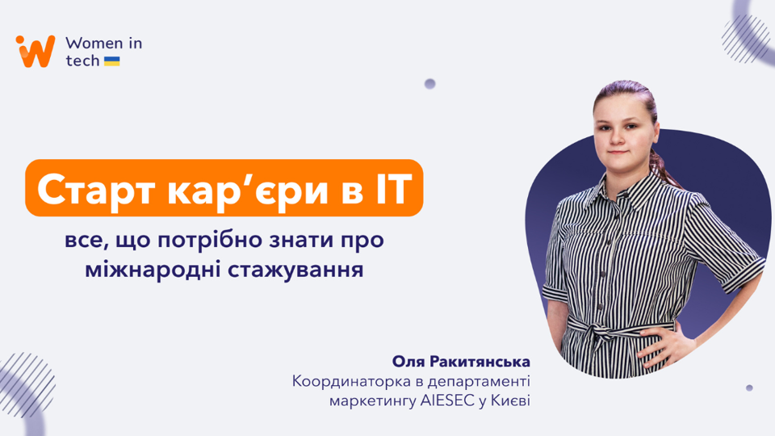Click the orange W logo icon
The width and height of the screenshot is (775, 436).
pyautogui.click(x=35, y=51)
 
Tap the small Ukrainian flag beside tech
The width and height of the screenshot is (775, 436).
pyautogui.click(x=111, y=61)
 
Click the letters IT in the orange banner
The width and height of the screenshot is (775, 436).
pyautogui.click(x=393, y=188)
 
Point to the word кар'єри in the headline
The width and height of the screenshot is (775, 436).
pyautogui.click(x=248, y=191)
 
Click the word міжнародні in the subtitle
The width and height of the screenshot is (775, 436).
pyautogui.click(x=153, y=270)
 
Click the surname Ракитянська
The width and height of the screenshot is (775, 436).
pyautogui.click(x=480, y=362)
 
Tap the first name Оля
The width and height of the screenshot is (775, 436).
pyautogui.click(x=408, y=362)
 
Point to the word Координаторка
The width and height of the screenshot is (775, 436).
pyautogui.click(x=351, y=382)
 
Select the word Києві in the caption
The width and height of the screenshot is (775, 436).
pyautogui.click(x=510, y=400)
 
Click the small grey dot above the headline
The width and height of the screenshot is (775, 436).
pyautogui.click(x=430, y=84)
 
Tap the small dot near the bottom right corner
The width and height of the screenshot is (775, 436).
pyautogui.click(x=749, y=388)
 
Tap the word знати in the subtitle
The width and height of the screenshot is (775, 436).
pyautogui.click(x=300, y=241)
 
